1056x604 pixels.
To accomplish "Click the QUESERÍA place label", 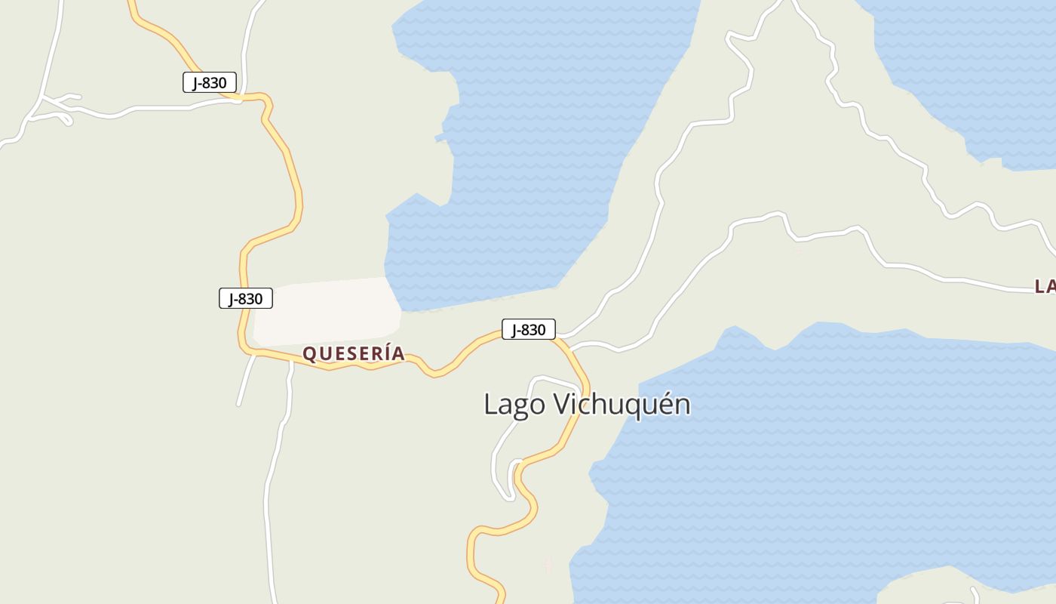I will pos(353,353).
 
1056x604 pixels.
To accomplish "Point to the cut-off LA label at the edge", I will pos(1045,286).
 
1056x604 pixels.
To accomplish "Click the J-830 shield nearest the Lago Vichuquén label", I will pos(528,329).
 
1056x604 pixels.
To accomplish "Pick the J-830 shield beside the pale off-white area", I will pos(245,298).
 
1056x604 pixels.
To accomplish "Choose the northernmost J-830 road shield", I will pos(209,82).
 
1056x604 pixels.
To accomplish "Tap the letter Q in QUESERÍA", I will pos(309,353).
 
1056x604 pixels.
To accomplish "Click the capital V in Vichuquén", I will pos(562,404).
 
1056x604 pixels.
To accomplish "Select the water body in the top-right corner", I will pos(973,68).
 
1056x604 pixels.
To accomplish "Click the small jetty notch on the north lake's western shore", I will pos(440,137).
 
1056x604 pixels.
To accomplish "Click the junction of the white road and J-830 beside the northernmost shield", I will pos(238,97).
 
